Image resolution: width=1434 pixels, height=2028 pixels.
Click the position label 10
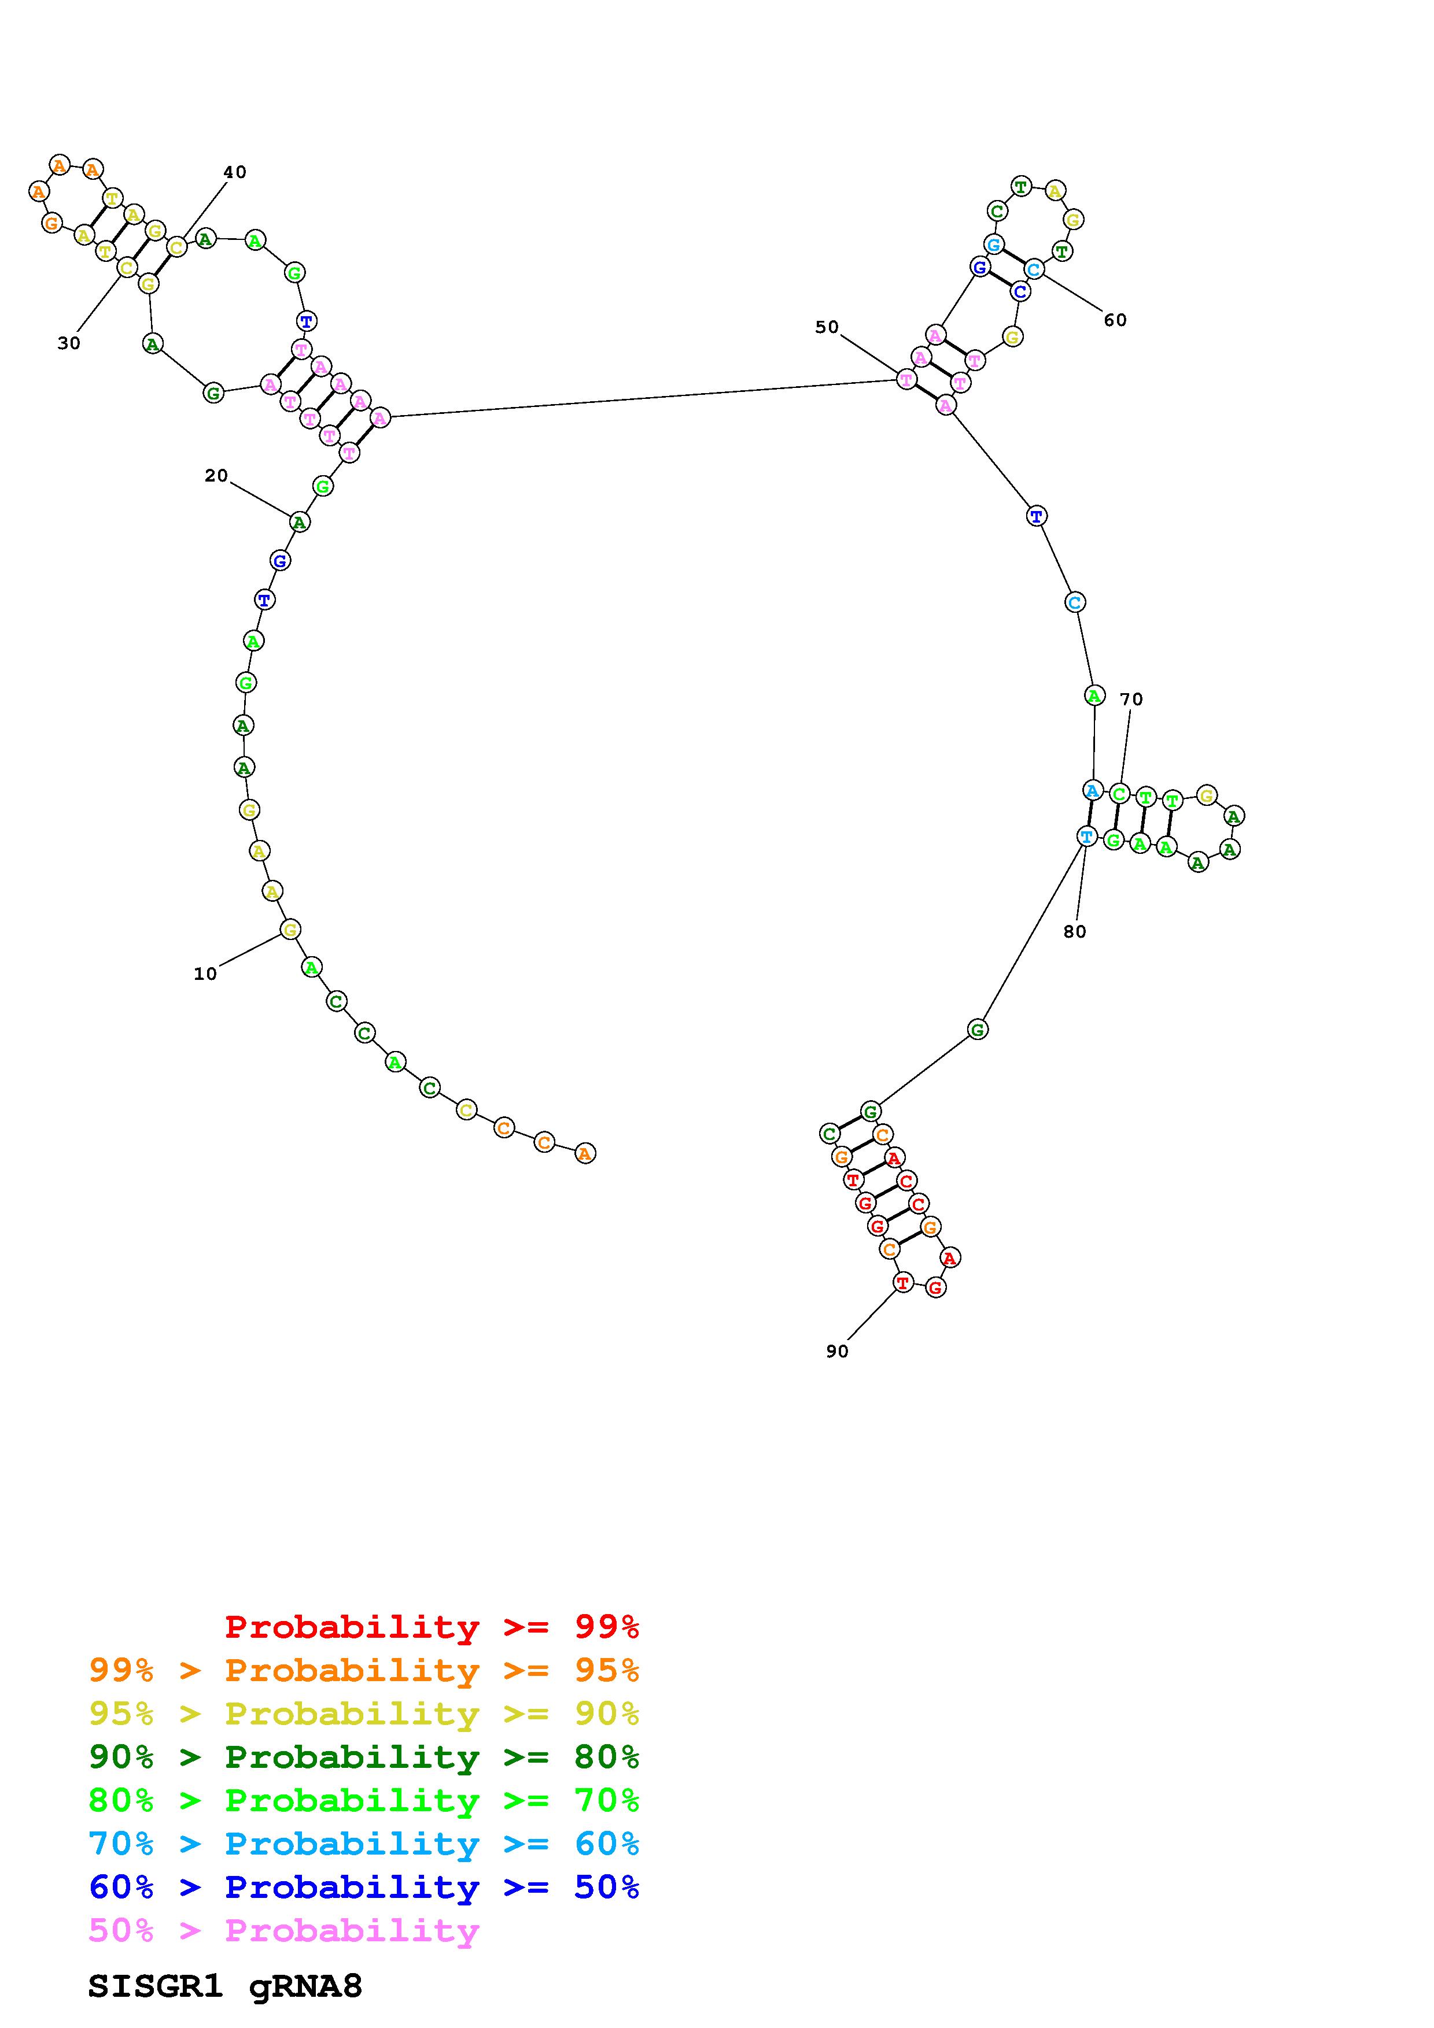pos(205,974)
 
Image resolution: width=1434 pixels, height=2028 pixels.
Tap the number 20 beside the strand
pos(216,476)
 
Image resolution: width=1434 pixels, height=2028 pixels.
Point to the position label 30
pos(69,343)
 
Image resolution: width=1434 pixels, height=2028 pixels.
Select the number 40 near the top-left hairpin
pos(234,172)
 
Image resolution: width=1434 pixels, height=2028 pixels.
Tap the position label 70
pos(1131,700)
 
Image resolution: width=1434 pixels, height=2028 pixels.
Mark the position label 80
pos(1074,932)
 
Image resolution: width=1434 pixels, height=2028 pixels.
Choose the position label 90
pos(836,1352)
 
